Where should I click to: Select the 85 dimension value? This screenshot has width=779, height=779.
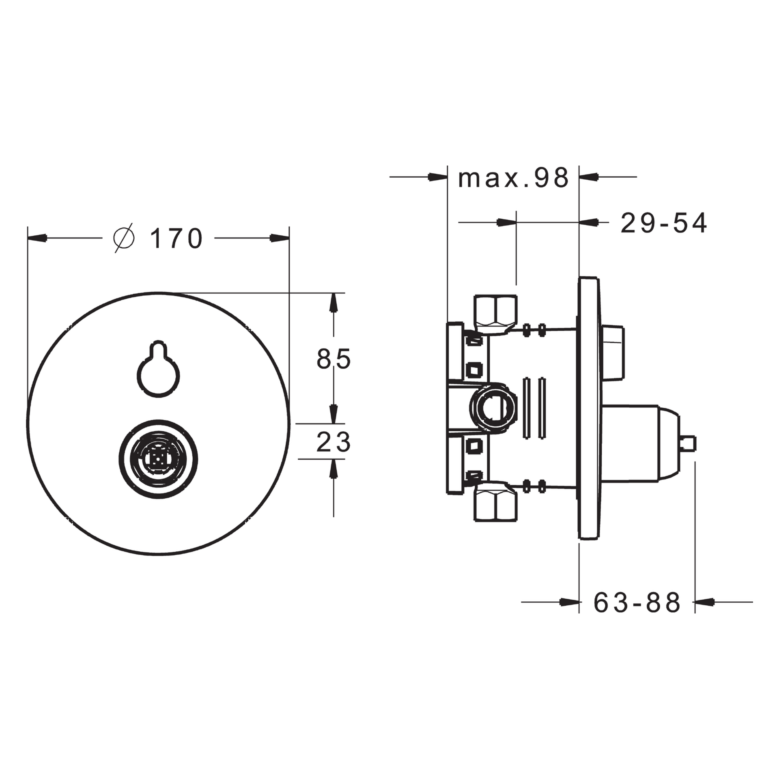click(334, 359)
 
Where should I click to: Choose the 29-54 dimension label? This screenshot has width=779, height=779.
click(664, 223)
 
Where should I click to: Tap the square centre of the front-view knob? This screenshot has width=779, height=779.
click(159, 459)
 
